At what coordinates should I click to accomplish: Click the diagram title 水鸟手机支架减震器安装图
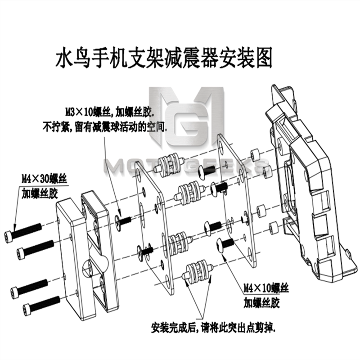[x=164, y=58]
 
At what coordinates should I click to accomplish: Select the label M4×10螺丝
[x=266, y=288]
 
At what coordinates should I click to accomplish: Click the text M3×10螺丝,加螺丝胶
[x=108, y=112]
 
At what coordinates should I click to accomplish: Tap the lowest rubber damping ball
[x=197, y=271]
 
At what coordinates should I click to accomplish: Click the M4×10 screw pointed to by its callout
[x=225, y=245]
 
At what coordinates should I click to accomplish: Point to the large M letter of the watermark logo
[x=186, y=116]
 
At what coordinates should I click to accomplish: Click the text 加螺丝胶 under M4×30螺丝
[x=39, y=193]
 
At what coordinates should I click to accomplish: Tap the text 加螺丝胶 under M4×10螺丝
[x=261, y=302]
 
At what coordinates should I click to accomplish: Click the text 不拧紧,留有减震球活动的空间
[x=105, y=127]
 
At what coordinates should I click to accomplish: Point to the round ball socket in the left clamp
[x=94, y=267]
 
